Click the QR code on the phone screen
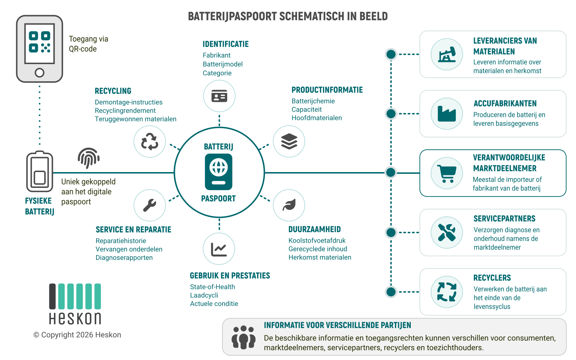[x=39, y=42]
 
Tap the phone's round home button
[x=39, y=73]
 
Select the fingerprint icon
[x=89, y=158]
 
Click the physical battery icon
[x=40, y=171]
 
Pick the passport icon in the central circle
[x=219, y=172]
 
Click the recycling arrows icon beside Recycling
[x=150, y=141]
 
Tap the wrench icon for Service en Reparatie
[x=150, y=205]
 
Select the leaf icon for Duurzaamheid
[x=289, y=205]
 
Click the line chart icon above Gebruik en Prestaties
[x=219, y=249]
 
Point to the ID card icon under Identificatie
[x=219, y=96]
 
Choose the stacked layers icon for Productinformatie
[x=289, y=141]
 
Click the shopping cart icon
[x=447, y=174]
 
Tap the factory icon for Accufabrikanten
[x=447, y=114]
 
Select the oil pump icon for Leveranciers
[x=447, y=54]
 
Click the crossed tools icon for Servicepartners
[x=447, y=233]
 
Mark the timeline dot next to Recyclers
[x=391, y=292]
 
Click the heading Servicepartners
[x=504, y=219]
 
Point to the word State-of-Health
[x=212, y=287]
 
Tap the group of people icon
[x=243, y=337]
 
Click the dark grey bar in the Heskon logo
[x=53, y=296]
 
